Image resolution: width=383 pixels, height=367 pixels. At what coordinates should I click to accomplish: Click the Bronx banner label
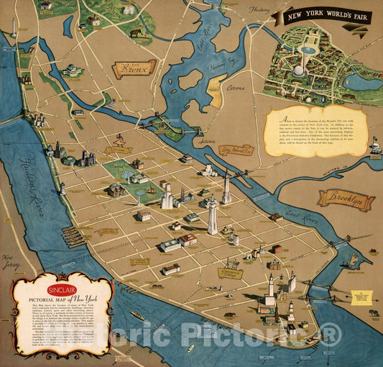pyautogui.click(x=134, y=69)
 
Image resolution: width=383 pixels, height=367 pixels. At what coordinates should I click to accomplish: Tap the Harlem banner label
pyautogui.click(x=119, y=150)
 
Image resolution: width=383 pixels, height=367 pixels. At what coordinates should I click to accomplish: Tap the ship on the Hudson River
pyautogui.click(x=137, y=315)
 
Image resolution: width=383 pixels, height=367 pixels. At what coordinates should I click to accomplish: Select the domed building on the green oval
pyautogui.click(x=73, y=71)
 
